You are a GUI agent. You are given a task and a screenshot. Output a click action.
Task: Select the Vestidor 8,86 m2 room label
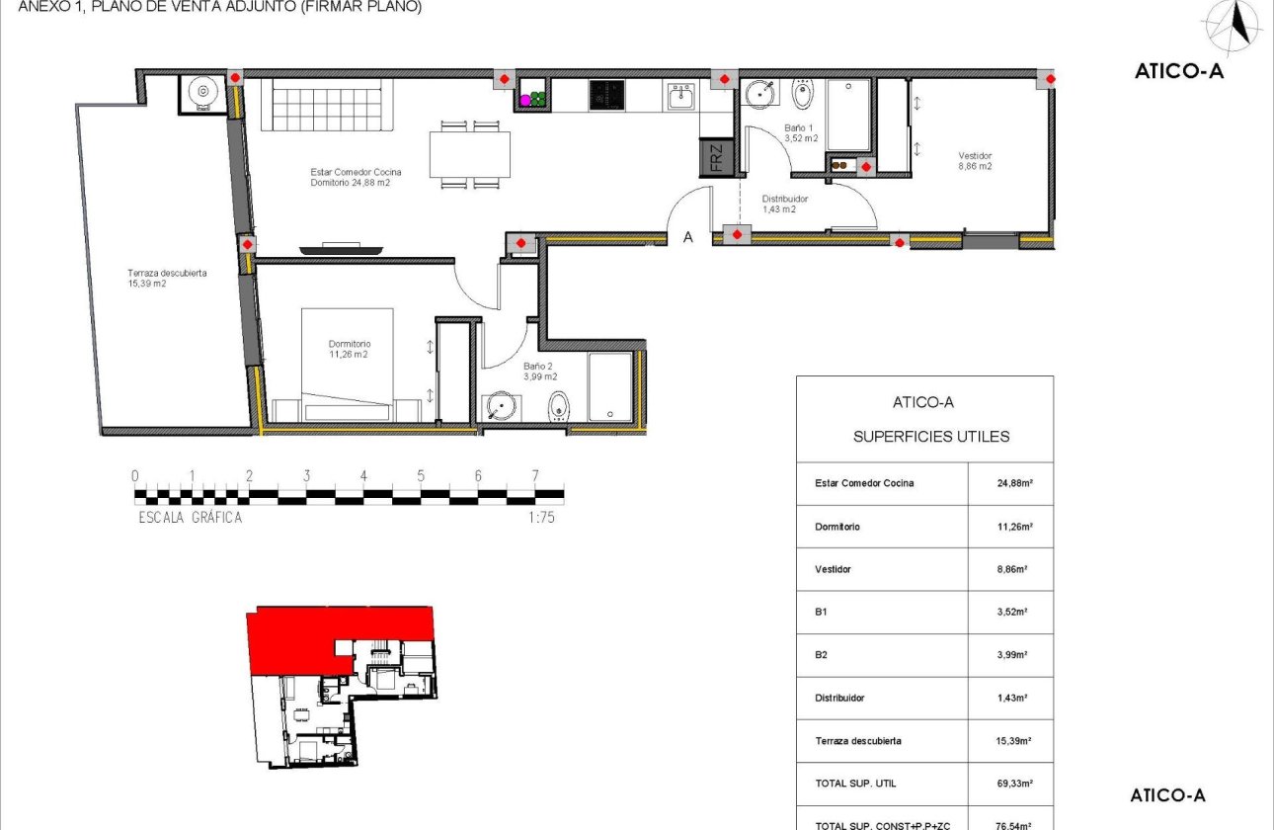[975, 161]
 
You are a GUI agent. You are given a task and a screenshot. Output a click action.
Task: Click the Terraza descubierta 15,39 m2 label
[167, 279]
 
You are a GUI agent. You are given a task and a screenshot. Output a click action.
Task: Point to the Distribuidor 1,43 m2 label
[785, 205]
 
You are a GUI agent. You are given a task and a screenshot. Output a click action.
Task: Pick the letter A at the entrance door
[688, 237]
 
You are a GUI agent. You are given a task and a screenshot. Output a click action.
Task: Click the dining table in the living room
[470, 155]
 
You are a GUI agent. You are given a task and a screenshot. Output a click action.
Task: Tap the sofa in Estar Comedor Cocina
[328, 105]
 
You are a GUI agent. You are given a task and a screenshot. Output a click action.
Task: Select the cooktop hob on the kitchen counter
[605, 95]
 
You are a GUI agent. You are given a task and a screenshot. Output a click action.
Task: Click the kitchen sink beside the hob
[682, 96]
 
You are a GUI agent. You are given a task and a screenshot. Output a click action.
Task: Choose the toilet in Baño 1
[802, 95]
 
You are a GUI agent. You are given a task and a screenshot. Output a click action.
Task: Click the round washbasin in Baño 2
[501, 405]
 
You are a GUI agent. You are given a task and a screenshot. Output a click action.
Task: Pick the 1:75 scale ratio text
[541, 517]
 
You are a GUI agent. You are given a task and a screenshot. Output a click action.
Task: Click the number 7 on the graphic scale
[535, 475]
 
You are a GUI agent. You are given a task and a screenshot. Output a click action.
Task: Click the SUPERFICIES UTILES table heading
[930, 437]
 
